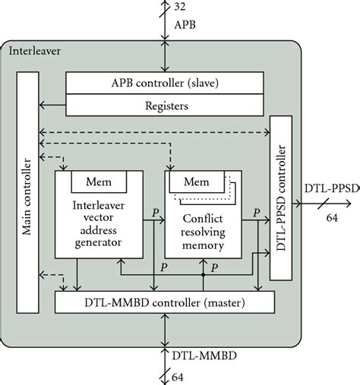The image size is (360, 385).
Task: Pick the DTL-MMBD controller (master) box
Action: coord(166,304)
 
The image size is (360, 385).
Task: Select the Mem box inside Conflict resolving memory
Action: coord(196,183)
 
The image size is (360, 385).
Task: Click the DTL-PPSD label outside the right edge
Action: coord(330,210)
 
